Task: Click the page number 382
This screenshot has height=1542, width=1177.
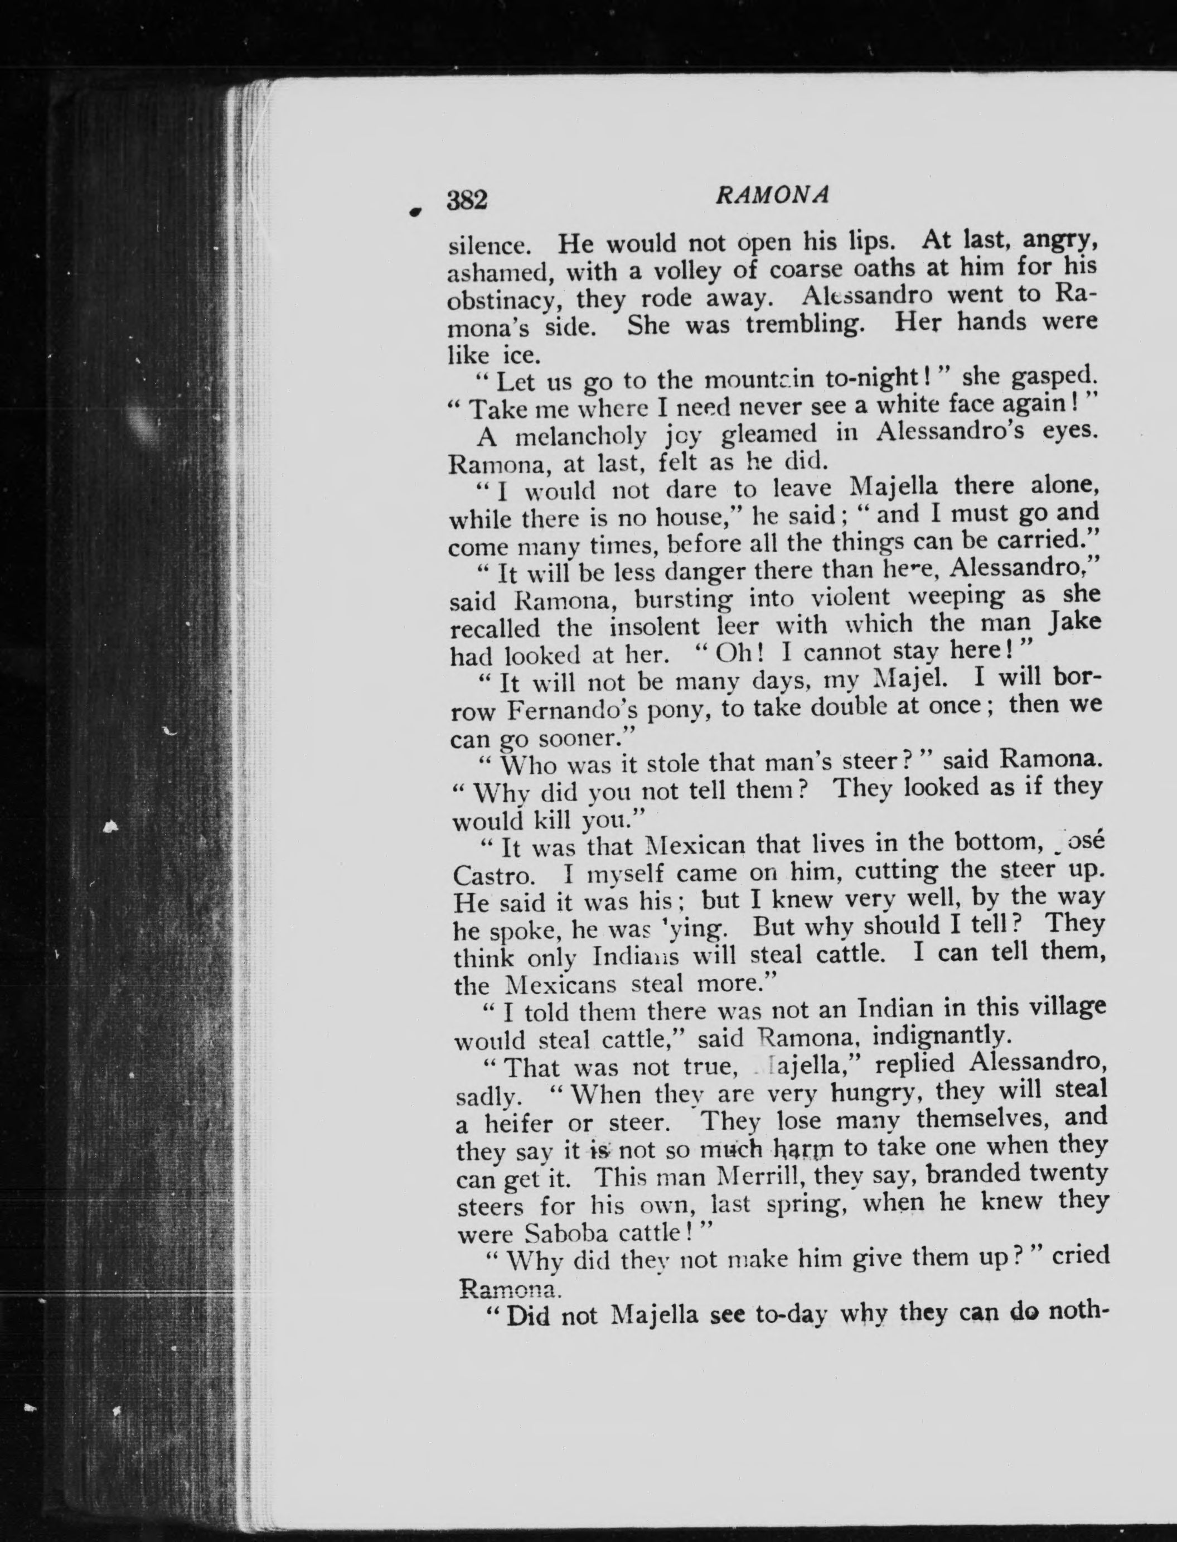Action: click(467, 200)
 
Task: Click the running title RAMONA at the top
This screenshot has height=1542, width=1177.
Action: click(772, 196)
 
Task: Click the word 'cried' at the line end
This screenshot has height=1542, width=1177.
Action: click(1081, 1255)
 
